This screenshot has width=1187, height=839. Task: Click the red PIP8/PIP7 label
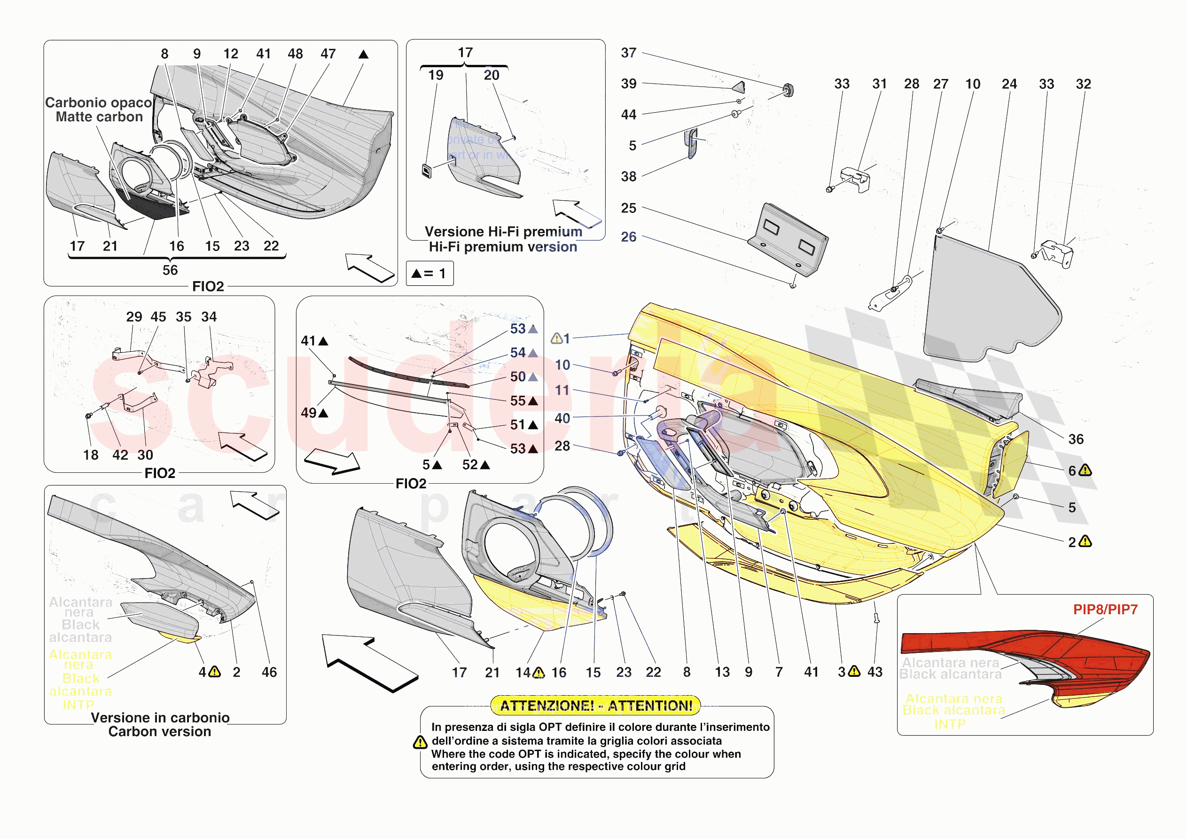click(x=1105, y=609)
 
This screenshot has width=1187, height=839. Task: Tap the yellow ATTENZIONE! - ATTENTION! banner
click(x=595, y=706)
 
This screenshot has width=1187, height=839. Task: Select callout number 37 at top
click(x=628, y=53)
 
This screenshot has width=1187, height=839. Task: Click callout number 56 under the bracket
click(x=170, y=270)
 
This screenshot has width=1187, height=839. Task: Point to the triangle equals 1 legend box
click(x=430, y=273)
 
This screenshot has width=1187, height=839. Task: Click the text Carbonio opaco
click(x=98, y=103)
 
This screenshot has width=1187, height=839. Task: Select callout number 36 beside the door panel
click(x=1076, y=439)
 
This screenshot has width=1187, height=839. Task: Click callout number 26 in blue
click(x=628, y=237)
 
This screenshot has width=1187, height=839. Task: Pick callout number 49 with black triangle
click(x=309, y=413)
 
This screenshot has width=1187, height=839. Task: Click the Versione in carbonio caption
click(x=160, y=718)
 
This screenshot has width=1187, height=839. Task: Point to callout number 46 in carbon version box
click(x=269, y=672)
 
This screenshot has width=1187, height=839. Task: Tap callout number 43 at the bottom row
click(x=875, y=672)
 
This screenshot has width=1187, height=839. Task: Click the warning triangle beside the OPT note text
click(x=420, y=743)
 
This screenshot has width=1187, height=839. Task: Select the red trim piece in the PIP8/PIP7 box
click(x=1023, y=652)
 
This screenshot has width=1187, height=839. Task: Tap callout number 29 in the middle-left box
click(x=134, y=317)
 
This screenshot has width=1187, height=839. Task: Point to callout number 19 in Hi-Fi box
click(x=435, y=76)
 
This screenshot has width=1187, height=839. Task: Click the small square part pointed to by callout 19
click(x=427, y=170)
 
